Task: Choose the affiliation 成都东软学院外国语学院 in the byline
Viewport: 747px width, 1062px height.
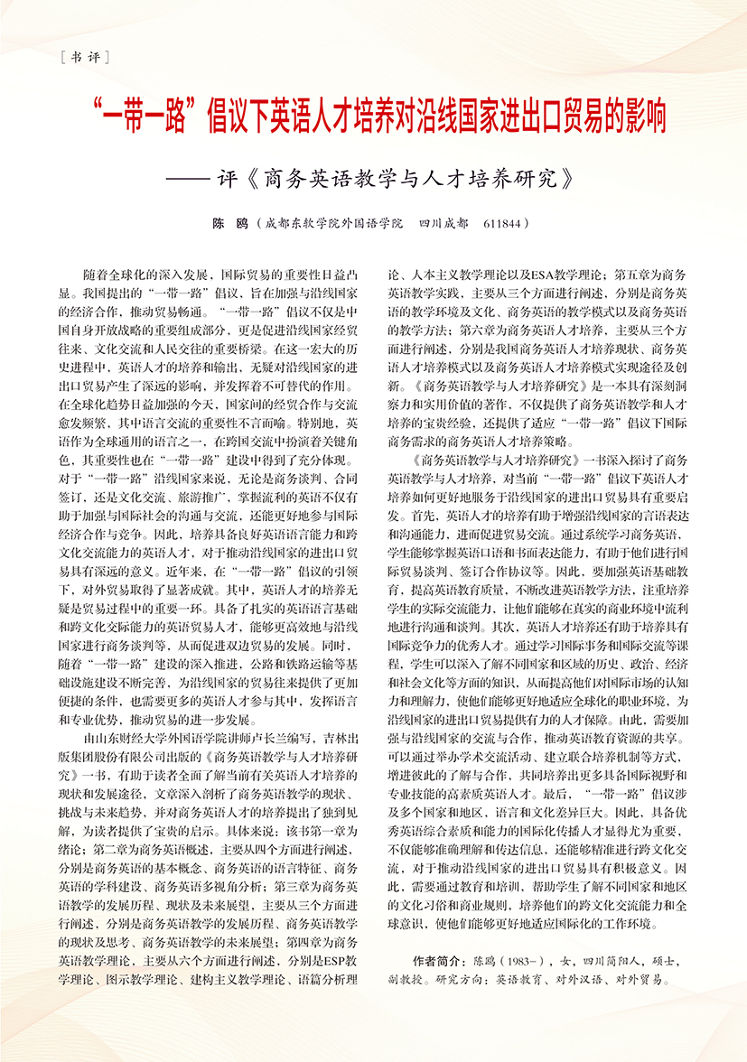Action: (334, 222)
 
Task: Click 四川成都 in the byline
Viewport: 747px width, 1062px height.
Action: (444, 222)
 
